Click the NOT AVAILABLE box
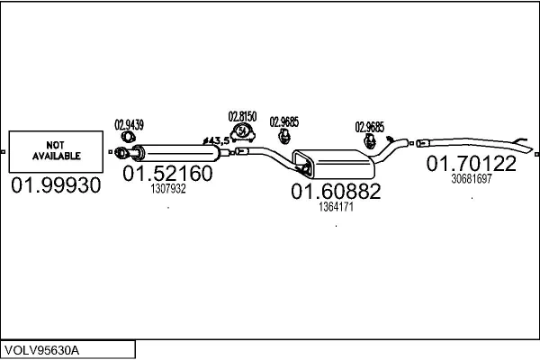coord(56,149)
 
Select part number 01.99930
coord(56,185)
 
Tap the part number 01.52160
coord(167,173)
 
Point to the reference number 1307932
coord(167,189)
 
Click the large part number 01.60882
coord(336,191)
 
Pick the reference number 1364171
coord(336,207)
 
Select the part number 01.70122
coord(471,164)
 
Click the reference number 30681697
coord(471,179)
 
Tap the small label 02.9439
coord(130,125)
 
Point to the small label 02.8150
coord(242,116)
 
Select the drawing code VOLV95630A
coord(42,350)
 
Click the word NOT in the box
coord(56,143)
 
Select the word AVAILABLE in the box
coord(56,156)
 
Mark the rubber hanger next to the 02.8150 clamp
coord(283,136)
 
